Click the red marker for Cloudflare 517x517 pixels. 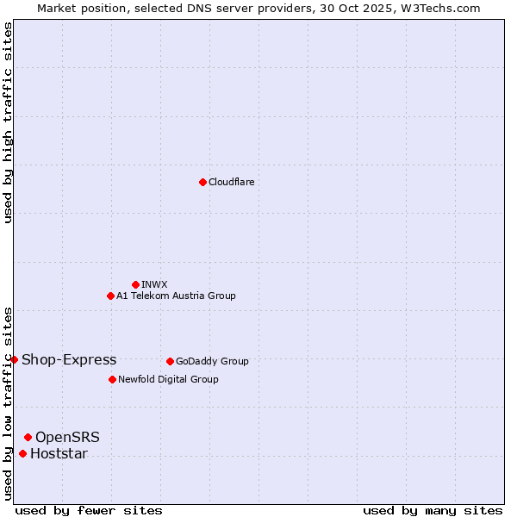click(202, 182)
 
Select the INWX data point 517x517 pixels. click(135, 284)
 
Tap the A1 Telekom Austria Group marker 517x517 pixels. click(110, 296)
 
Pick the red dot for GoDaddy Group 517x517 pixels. click(170, 361)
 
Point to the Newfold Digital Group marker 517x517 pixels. click(112, 379)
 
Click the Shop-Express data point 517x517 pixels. click(15, 359)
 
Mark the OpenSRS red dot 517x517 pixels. click(28, 437)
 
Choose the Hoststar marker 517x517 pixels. click(22, 453)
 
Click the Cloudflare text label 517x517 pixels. click(231, 182)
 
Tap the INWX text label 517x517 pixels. click(154, 284)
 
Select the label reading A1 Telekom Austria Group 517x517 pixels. click(176, 296)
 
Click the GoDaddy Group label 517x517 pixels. click(212, 361)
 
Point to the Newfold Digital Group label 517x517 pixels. click(168, 379)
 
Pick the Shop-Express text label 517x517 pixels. click(69, 359)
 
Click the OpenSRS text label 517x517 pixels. click(67, 437)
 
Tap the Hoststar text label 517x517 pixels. click(59, 453)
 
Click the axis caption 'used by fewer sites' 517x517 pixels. click(89, 510)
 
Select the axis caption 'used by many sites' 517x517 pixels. click(433, 510)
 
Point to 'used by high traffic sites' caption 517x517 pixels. click(8, 122)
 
